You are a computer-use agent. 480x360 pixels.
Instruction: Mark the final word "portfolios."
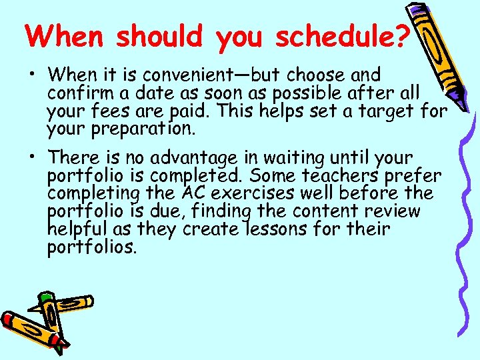click(x=92, y=248)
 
